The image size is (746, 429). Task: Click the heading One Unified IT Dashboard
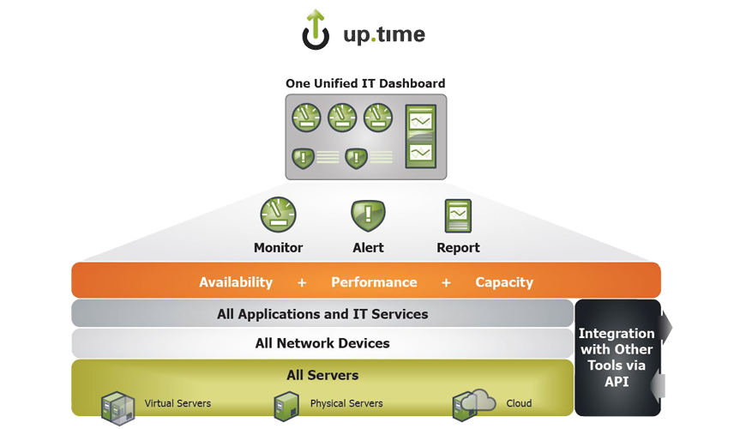coord(365,83)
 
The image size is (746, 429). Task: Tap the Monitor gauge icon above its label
coord(278,214)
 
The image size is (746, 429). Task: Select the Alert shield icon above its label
coord(368,214)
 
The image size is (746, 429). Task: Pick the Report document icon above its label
coord(458,215)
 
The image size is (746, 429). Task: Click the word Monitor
coord(278,248)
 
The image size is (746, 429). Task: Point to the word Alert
coord(368,248)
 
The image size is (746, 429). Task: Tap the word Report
coord(458,248)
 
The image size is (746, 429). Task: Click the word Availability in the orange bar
coord(236,282)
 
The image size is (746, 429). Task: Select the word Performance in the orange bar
coord(374,282)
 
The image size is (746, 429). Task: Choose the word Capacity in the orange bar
coord(504,282)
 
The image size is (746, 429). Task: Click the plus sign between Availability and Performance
coord(301,282)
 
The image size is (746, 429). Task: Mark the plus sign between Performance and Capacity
coord(446,282)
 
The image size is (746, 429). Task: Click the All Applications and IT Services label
coord(322,314)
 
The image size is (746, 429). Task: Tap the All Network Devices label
coord(322,343)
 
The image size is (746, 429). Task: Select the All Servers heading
coord(322,375)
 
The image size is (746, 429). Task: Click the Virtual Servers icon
coord(118,405)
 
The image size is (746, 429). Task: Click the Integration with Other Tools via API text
coord(617,357)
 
